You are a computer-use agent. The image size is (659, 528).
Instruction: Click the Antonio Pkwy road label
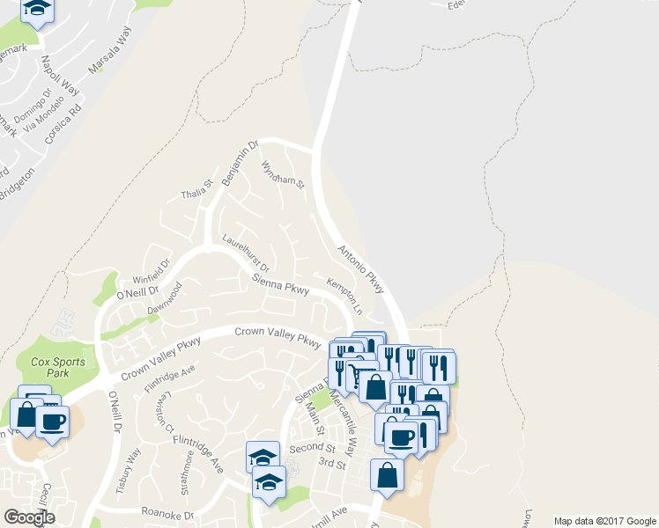tap(362, 265)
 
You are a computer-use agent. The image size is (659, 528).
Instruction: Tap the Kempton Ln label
tap(344, 297)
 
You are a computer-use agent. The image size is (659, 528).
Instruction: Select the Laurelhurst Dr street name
tap(246, 253)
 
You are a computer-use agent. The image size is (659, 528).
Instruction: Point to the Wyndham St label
tap(283, 174)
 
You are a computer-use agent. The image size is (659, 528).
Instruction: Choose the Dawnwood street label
tap(165, 297)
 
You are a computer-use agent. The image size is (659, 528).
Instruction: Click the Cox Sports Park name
tap(58, 367)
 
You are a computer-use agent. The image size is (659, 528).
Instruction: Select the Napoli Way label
tap(61, 76)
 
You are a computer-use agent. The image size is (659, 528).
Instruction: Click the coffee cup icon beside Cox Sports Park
tap(53, 422)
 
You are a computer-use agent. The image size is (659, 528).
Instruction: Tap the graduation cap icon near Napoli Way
tap(36, 8)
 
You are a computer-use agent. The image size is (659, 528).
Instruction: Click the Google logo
tap(29, 517)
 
